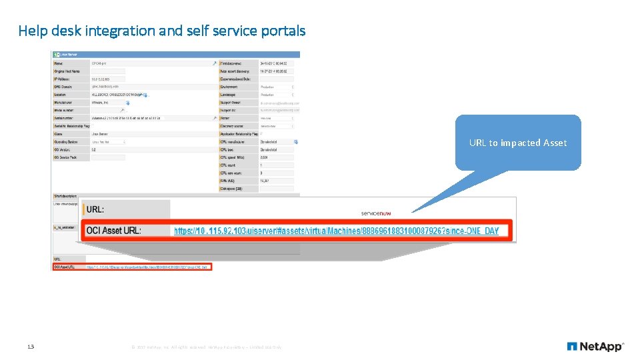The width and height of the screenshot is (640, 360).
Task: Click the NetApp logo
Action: click(595, 347)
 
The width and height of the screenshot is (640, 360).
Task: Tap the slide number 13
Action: click(31, 347)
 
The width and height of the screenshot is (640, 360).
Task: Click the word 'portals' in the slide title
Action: click(284, 31)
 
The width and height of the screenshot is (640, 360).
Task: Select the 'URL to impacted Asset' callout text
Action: click(518, 143)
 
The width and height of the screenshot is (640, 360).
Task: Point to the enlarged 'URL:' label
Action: click(95, 209)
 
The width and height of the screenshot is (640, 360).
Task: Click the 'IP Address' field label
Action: click(64, 79)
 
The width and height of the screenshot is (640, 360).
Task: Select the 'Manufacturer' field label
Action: click(65, 103)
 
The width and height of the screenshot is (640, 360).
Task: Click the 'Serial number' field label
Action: click(65, 119)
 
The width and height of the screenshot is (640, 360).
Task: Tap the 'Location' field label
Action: click(61, 95)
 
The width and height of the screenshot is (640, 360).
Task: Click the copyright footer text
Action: click(207, 347)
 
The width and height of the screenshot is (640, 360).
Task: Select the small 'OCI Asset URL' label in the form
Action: click(65, 267)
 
